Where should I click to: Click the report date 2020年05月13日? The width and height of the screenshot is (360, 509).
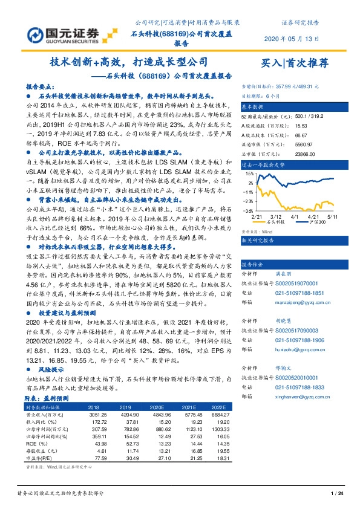(292, 39)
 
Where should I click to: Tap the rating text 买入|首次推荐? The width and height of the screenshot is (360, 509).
(294, 62)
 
